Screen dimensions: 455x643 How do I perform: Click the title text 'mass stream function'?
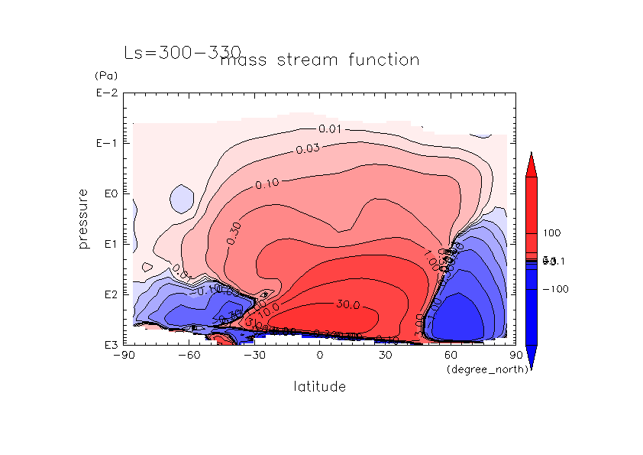coord(319,60)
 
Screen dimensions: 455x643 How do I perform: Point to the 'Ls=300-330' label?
coord(172,53)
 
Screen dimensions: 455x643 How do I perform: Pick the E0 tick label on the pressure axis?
coord(108,193)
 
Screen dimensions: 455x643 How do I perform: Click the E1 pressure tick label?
coord(108,244)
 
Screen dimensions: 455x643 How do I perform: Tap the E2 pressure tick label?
coord(108,294)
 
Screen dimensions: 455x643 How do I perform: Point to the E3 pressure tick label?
coord(108,345)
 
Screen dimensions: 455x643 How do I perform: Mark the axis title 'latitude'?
coord(319,387)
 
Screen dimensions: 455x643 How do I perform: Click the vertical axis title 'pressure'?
coord(85,219)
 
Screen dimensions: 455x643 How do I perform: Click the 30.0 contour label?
coord(347,304)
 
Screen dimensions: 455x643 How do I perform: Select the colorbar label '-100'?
coord(554,289)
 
